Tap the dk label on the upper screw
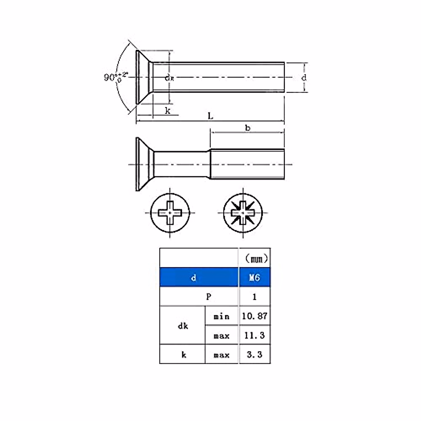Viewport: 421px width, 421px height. [169, 78]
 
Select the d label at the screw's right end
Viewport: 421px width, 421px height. [304, 78]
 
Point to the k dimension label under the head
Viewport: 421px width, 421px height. [168, 111]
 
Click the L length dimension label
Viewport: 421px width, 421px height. [210, 116]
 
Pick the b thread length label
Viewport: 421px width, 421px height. [248, 128]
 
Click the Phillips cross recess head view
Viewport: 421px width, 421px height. [170, 213]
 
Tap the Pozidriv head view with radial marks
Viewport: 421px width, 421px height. [243, 213]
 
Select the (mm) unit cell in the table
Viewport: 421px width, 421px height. [255, 259]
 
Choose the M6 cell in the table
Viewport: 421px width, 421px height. [255, 278]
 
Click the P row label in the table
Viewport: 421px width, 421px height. [208, 297]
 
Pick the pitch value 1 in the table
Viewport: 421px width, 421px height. [255, 297]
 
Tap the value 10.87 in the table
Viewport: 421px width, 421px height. [255, 316]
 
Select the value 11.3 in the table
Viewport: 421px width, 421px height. [255, 335]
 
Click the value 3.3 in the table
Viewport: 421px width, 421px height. [255, 355]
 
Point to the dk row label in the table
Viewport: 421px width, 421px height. [183, 326]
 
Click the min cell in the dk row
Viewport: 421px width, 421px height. [221, 316]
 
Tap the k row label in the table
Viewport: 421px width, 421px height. [183, 355]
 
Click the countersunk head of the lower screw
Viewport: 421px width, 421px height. [144, 164]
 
